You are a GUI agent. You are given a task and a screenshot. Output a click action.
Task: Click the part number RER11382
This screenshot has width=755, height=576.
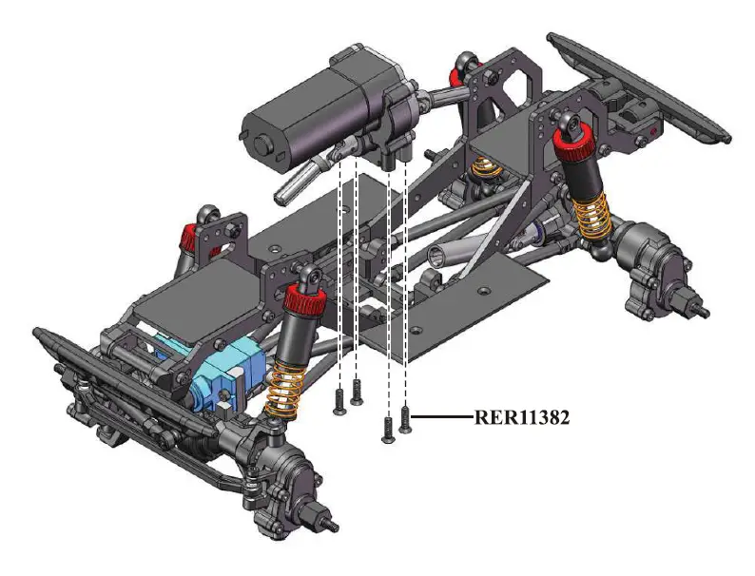521,417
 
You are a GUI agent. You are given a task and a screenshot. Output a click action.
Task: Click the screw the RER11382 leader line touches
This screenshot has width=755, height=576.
405,419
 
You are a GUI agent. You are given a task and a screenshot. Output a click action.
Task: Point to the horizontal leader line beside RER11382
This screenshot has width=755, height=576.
442,416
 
